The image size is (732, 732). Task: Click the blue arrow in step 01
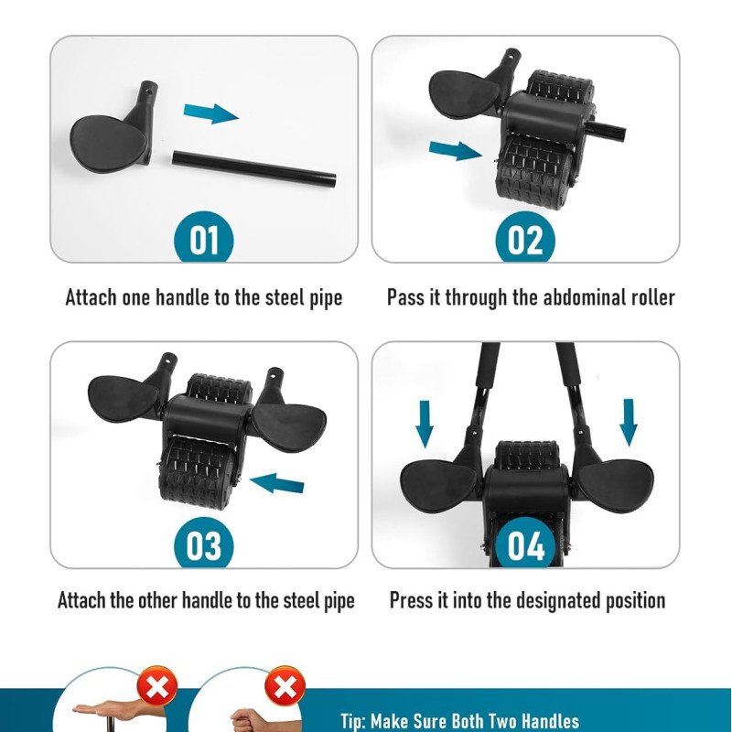click(211, 113)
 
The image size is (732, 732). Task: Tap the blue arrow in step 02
click(455, 150)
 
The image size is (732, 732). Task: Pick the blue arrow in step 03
click(277, 483)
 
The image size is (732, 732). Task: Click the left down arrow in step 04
click(425, 424)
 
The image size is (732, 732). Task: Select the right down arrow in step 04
click(629, 423)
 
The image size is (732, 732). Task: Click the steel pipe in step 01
click(254, 168)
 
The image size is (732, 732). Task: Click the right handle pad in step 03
click(290, 425)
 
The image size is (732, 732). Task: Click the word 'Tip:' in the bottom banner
click(353, 720)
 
